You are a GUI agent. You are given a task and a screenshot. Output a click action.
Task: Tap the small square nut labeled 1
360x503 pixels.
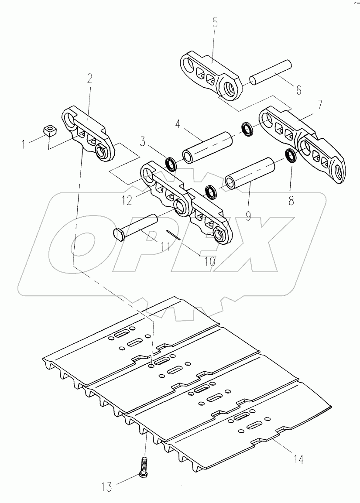pos(51,130)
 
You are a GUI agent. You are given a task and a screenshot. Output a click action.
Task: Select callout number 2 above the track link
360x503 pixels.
pos(89,79)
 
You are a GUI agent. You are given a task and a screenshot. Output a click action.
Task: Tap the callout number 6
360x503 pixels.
pos(298,90)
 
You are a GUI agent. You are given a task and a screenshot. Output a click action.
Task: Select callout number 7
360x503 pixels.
pos(320,105)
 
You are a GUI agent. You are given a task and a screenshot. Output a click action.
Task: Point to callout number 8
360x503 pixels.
pos(291,202)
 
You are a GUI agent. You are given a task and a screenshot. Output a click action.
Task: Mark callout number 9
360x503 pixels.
pos(248,216)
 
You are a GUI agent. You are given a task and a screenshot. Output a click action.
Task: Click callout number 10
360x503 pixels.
pos(209,261)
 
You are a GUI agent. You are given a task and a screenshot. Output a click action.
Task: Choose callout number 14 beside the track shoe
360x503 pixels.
pos(298,459)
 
